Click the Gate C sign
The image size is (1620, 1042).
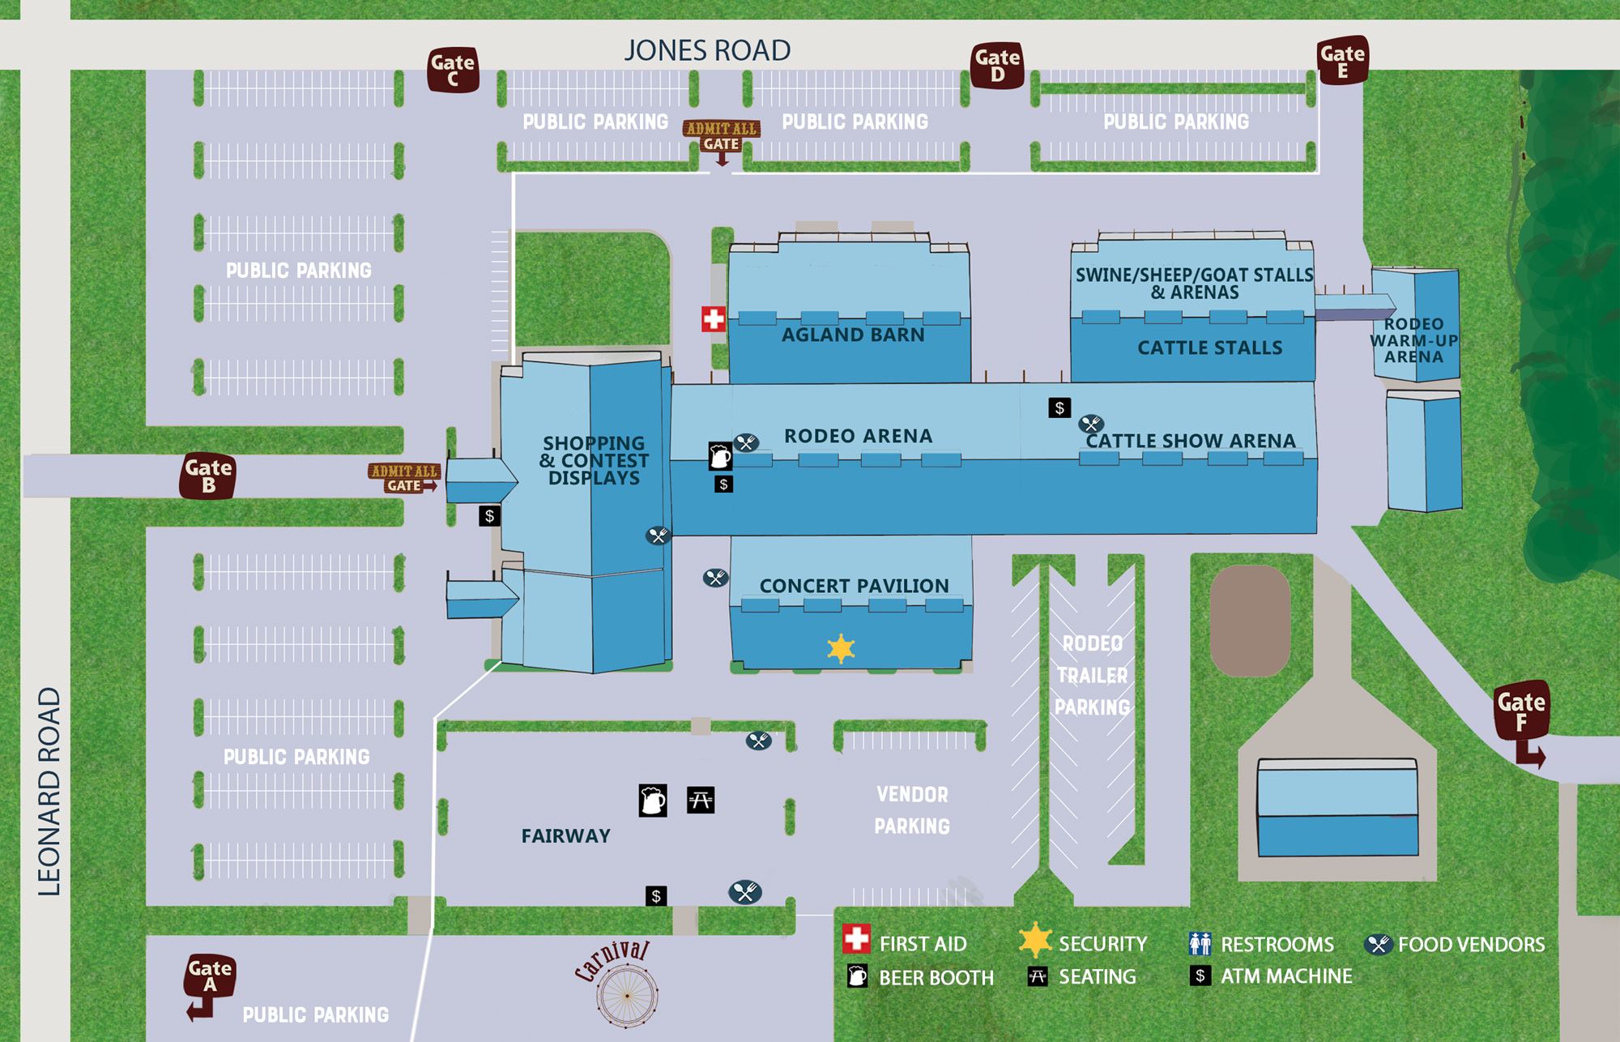[x=453, y=70]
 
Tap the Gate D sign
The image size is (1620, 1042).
[x=997, y=66]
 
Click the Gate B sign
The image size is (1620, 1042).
[x=208, y=476]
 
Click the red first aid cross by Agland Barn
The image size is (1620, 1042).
[x=713, y=319]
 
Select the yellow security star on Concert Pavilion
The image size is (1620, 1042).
[x=841, y=648]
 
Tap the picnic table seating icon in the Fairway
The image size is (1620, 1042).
[x=701, y=801]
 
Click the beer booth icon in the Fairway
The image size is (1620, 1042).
[x=653, y=801]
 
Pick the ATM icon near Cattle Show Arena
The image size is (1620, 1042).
[x=1059, y=408]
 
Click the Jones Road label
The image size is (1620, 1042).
[x=707, y=50]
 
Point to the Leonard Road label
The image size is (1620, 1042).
[x=49, y=791]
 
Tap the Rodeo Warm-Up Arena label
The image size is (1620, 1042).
[x=1413, y=340]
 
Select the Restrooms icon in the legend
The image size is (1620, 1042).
[x=1200, y=944]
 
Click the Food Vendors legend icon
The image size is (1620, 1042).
[x=1378, y=944]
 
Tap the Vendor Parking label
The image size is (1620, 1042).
[x=912, y=810]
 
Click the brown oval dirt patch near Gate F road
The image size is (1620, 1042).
[x=1250, y=620]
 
